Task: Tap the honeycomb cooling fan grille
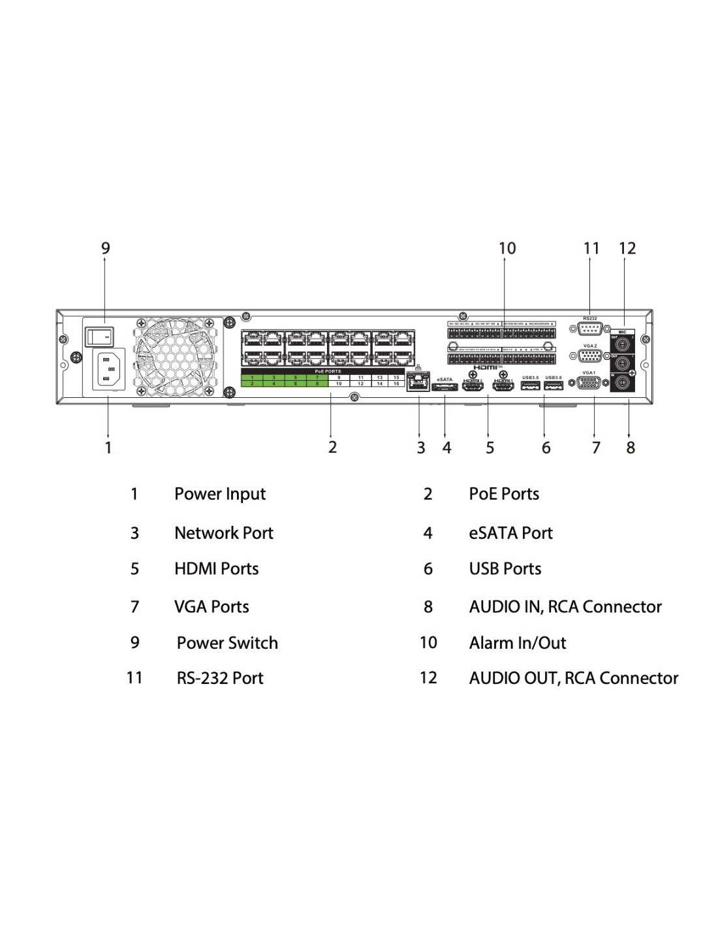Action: pyautogui.click(x=179, y=357)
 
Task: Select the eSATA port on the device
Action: pyautogui.click(x=444, y=387)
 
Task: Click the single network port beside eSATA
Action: pyautogui.click(x=417, y=382)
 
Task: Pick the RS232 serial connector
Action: pyautogui.click(x=589, y=329)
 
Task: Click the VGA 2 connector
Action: pyautogui.click(x=589, y=356)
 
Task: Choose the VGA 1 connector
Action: pyautogui.click(x=589, y=383)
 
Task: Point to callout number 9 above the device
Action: pyautogui.click(x=106, y=248)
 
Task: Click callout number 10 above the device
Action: pyautogui.click(x=507, y=248)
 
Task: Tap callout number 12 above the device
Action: pyautogui.click(x=627, y=248)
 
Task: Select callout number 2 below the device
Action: pyautogui.click(x=332, y=448)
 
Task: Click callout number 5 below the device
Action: pyautogui.click(x=490, y=448)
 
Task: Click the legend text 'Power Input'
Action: pyautogui.click(x=220, y=494)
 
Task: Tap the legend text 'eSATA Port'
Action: pyautogui.click(x=510, y=533)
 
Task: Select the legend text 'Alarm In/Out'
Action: pyautogui.click(x=518, y=643)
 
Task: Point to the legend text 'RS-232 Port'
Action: pyautogui.click(x=220, y=678)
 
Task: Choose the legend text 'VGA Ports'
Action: pyautogui.click(x=211, y=607)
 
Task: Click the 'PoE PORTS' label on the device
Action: pyautogui.click(x=328, y=371)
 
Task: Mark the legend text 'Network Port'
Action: pyautogui.click(x=224, y=533)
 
